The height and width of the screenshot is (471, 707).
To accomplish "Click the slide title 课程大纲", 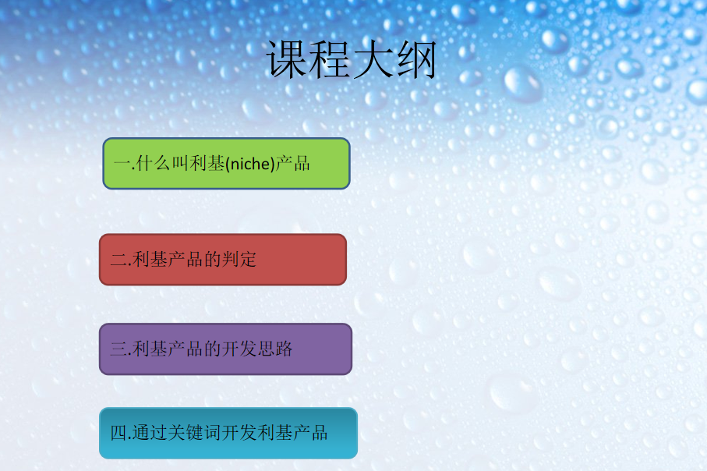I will click(x=352, y=60).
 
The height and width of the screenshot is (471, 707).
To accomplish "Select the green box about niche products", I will click(x=226, y=164).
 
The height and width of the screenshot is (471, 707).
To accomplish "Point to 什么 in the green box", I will click(x=153, y=164).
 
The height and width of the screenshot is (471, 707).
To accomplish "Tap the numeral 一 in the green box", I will click(x=120, y=164).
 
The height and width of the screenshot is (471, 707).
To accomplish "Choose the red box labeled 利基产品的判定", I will click(x=223, y=260).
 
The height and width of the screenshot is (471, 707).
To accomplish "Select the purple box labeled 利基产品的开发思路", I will click(x=225, y=349).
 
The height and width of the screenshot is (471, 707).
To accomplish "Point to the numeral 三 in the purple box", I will click(x=118, y=349).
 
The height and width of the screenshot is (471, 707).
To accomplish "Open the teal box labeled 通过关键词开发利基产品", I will click(x=228, y=433).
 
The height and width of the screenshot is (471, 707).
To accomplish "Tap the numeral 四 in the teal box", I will click(x=118, y=434).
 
